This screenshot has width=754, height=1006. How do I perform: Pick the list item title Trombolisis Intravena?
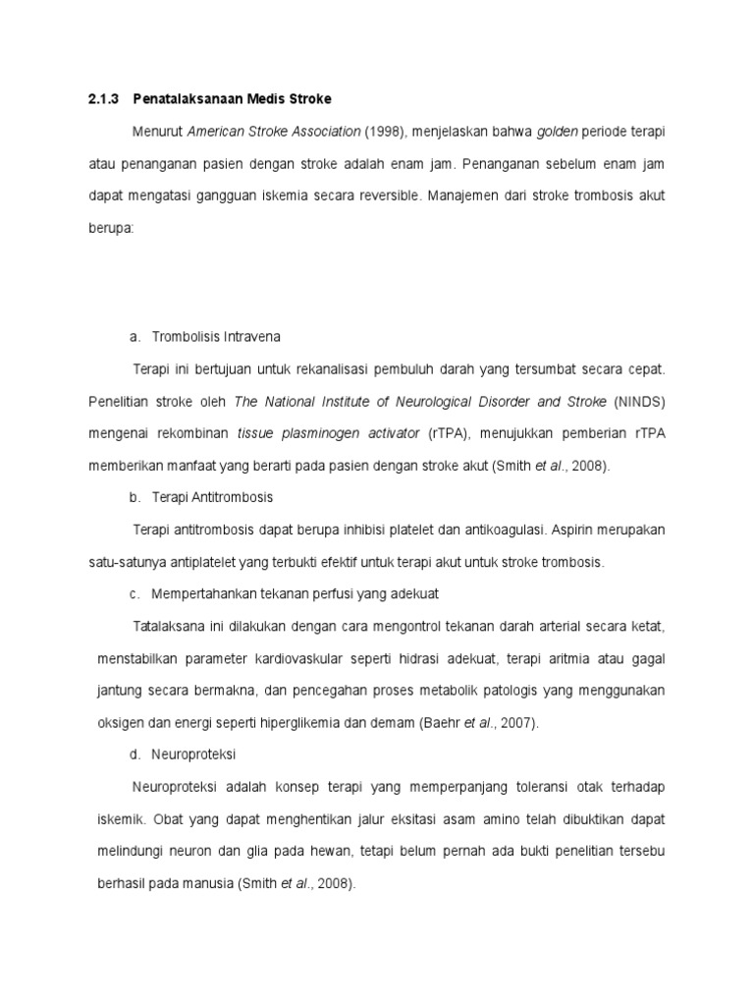216,337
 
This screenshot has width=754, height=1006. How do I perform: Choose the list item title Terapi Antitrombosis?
213,497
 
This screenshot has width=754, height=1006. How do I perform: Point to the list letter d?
135,754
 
